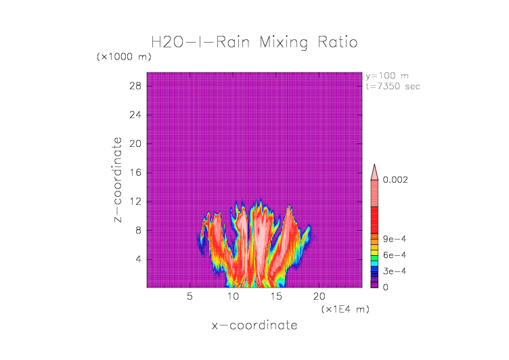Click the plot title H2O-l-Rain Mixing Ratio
click(x=255, y=43)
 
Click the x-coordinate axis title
click(x=255, y=325)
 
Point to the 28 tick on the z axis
click(x=135, y=86)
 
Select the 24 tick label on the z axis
click(x=135, y=114)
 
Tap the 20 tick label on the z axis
click(x=135, y=143)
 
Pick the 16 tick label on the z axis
click(x=135, y=173)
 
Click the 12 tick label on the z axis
click(x=135, y=201)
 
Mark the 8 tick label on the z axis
click(x=137, y=230)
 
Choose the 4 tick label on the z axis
click(x=137, y=259)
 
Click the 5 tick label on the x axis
click(x=190, y=296)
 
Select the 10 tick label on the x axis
click(x=233, y=296)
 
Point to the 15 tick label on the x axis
click(x=276, y=296)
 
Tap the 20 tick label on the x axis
click(x=319, y=296)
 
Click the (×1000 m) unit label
click(x=125, y=57)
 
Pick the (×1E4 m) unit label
click(x=344, y=309)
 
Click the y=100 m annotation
click(x=387, y=76)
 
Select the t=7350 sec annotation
click(x=393, y=86)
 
